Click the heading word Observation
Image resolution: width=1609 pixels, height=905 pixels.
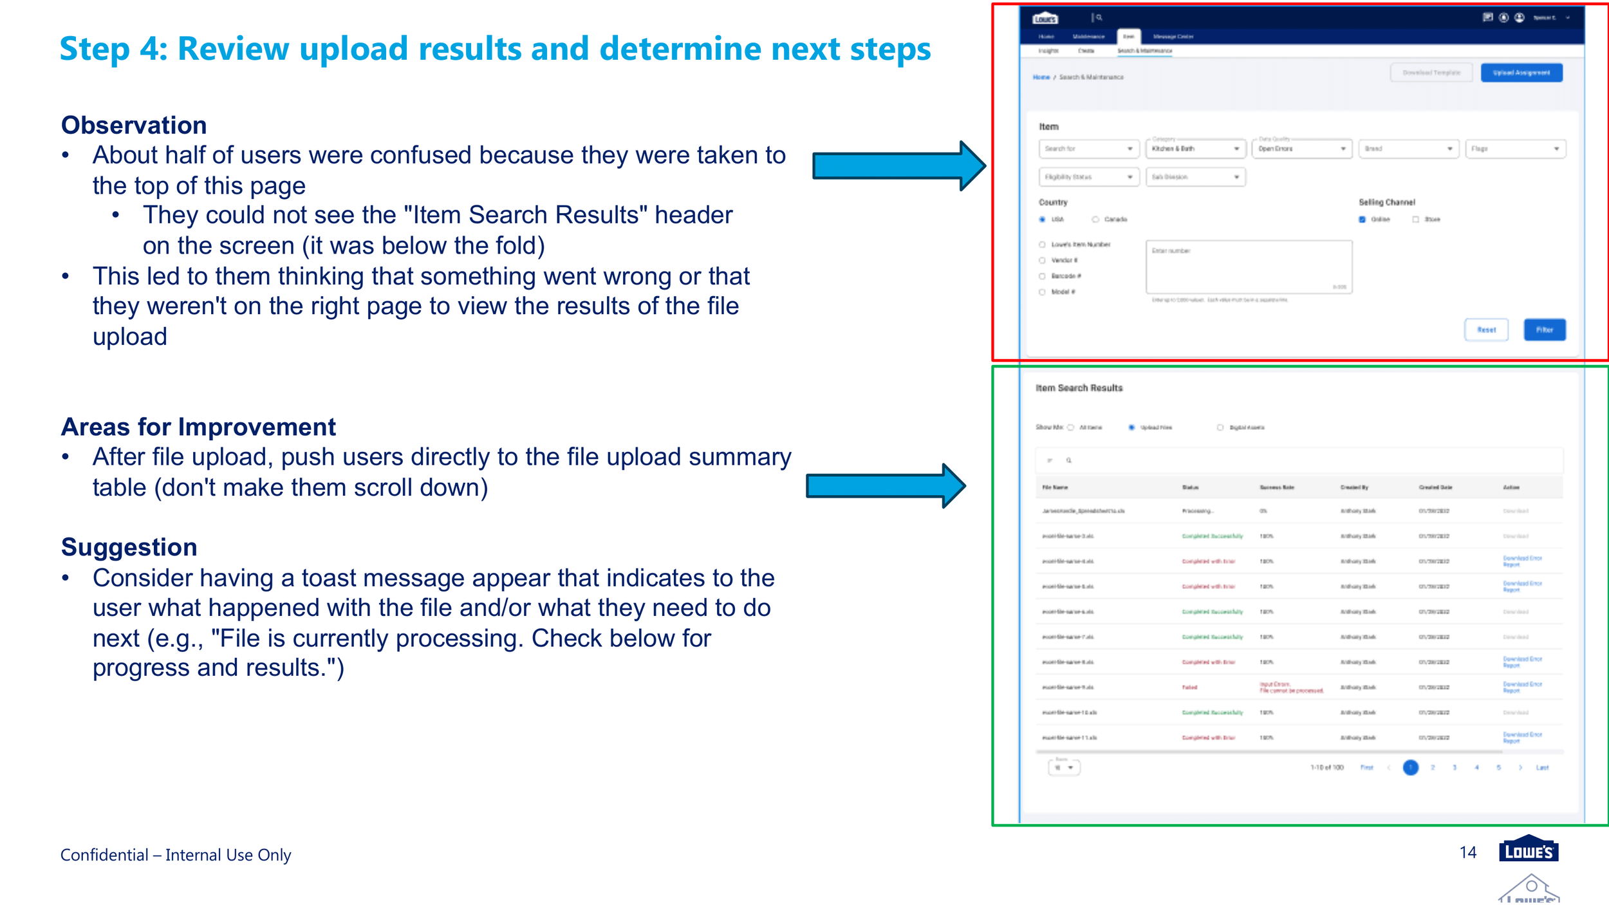click(x=134, y=125)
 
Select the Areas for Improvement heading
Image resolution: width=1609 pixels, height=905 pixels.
click(x=198, y=427)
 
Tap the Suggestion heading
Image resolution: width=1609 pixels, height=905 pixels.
click(x=129, y=547)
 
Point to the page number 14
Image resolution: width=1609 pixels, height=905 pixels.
click(x=1467, y=852)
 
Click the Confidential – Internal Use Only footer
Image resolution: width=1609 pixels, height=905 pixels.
click(x=176, y=855)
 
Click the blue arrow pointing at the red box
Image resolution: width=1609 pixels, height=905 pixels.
click(x=898, y=166)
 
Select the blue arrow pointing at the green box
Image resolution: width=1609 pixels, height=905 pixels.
click(x=885, y=486)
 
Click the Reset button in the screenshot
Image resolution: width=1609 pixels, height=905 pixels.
click(x=1486, y=330)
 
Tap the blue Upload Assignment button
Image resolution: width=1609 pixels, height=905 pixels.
click(x=1521, y=73)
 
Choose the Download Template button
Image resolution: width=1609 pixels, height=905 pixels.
click(x=1431, y=73)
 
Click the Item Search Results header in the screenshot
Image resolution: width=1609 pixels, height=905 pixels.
click(x=1079, y=388)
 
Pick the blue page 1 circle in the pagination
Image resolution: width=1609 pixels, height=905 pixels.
click(x=1410, y=767)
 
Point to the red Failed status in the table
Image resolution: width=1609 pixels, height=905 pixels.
click(x=1189, y=687)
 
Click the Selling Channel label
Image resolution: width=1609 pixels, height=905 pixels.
click(x=1386, y=202)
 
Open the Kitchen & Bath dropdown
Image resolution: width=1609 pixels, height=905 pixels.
click(x=1195, y=149)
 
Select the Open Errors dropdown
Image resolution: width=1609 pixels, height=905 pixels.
click(x=1301, y=149)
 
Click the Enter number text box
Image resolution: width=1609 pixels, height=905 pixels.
click(x=1249, y=267)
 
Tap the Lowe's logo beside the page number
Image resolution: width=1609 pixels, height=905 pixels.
click(x=1528, y=850)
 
